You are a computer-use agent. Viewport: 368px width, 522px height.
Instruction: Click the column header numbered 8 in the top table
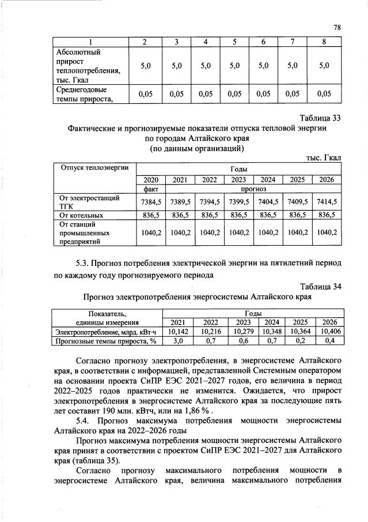[324, 42]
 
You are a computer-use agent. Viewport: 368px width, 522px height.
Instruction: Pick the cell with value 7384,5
[151, 201]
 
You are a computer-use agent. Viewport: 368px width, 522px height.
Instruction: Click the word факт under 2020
[151, 189]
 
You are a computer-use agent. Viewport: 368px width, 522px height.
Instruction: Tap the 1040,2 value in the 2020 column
[151, 232]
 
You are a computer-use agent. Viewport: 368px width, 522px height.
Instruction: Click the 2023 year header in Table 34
[244, 322]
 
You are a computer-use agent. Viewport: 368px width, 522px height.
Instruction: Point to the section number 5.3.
[85, 264]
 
